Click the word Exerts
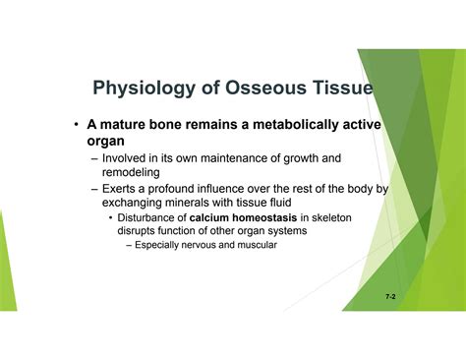tap(122, 188)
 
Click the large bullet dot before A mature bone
tap(76, 125)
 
